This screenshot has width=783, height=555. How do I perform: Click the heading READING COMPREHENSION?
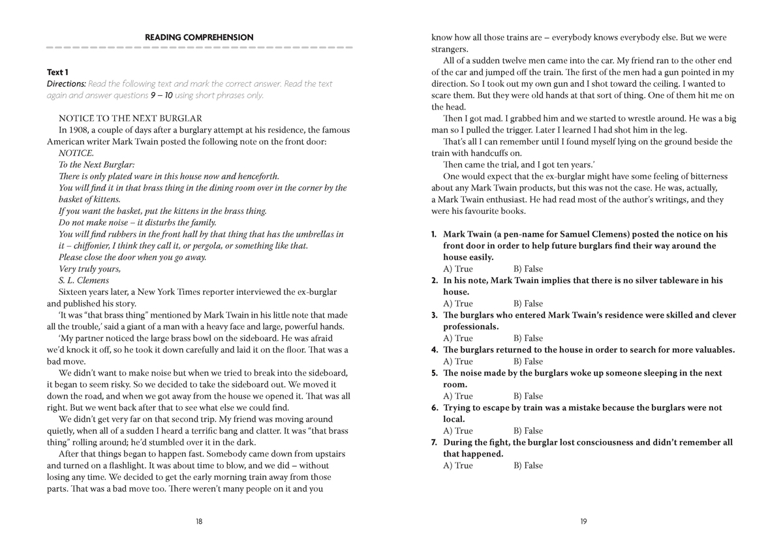tap(199, 37)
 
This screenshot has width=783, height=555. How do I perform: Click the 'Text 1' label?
tap(57, 72)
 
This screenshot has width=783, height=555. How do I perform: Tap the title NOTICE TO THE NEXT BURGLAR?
tap(130, 118)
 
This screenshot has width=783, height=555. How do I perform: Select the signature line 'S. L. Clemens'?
tap(84, 280)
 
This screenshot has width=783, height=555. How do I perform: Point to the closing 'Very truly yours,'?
tap(90, 269)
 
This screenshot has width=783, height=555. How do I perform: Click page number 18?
tap(199, 521)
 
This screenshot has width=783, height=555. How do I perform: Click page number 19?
tap(583, 521)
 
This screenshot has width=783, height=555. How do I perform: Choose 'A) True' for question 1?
tap(457, 269)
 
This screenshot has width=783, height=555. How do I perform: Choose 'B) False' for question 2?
tap(528, 303)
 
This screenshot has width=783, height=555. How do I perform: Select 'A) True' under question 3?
tap(457, 338)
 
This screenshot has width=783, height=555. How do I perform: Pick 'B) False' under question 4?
tap(528, 361)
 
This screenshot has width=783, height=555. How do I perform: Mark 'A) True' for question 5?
tap(457, 396)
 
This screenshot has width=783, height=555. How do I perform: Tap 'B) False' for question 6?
tap(528, 430)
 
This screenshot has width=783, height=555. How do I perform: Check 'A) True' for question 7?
tap(457, 466)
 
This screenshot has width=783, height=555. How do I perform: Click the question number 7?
tap(434, 442)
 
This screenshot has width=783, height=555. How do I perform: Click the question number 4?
tap(434, 350)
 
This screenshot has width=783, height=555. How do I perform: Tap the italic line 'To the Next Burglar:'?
tap(97, 165)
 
